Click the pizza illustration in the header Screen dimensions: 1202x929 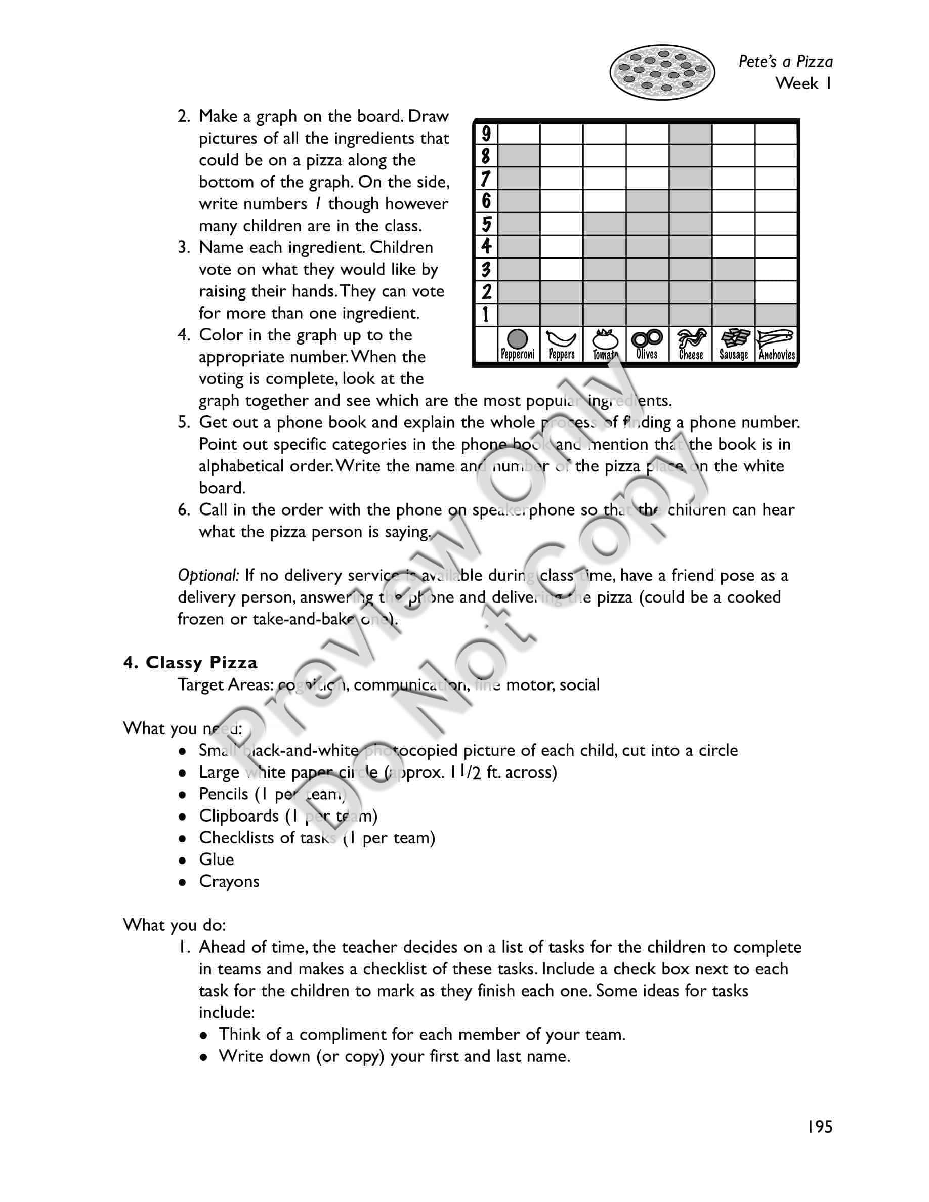tap(661, 72)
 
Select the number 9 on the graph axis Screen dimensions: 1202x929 tap(486, 134)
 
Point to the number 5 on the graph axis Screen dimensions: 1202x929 tap(486, 224)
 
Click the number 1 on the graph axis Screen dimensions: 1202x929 tap(486, 315)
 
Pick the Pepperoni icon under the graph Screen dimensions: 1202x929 tap(517, 339)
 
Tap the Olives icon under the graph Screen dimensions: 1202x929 tap(647, 338)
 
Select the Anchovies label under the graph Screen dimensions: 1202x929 tap(777, 355)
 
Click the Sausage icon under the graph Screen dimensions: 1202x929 tap(734, 338)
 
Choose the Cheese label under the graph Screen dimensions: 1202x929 tap(691, 355)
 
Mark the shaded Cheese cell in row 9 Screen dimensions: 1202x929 tap(691, 134)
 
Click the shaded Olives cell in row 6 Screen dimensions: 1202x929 tap(647, 201)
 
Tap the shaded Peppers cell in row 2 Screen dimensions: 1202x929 tap(561, 292)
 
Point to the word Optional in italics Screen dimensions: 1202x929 tap(207, 575)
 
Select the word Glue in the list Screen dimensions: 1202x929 tap(216, 859)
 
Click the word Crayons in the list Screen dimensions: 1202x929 tap(229, 881)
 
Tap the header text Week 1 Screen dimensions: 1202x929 tap(804, 83)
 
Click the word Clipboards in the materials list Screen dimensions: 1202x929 tap(239, 815)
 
